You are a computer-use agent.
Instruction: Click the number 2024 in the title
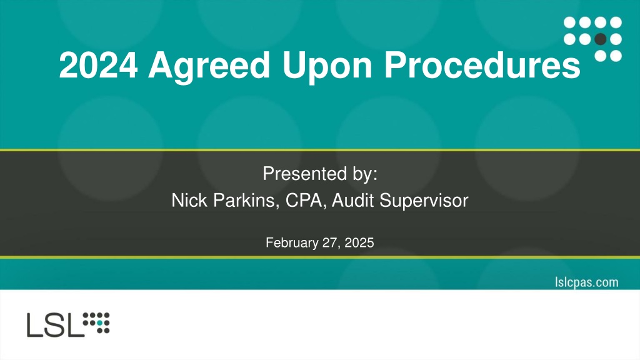[x=98, y=65]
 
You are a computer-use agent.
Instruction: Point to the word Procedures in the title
[x=482, y=65]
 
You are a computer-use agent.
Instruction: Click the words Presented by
[x=320, y=174]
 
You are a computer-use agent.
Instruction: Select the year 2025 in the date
[x=359, y=243]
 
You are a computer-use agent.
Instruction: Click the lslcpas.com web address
[x=586, y=282]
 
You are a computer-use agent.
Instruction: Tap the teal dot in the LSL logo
[x=99, y=323]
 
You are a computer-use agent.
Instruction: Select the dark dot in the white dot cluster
[x=601, y=39]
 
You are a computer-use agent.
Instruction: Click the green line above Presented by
[x=320, y=150]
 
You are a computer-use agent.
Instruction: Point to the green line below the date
[x=320, y=257]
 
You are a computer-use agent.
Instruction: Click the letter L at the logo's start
[x=35, y=325]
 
